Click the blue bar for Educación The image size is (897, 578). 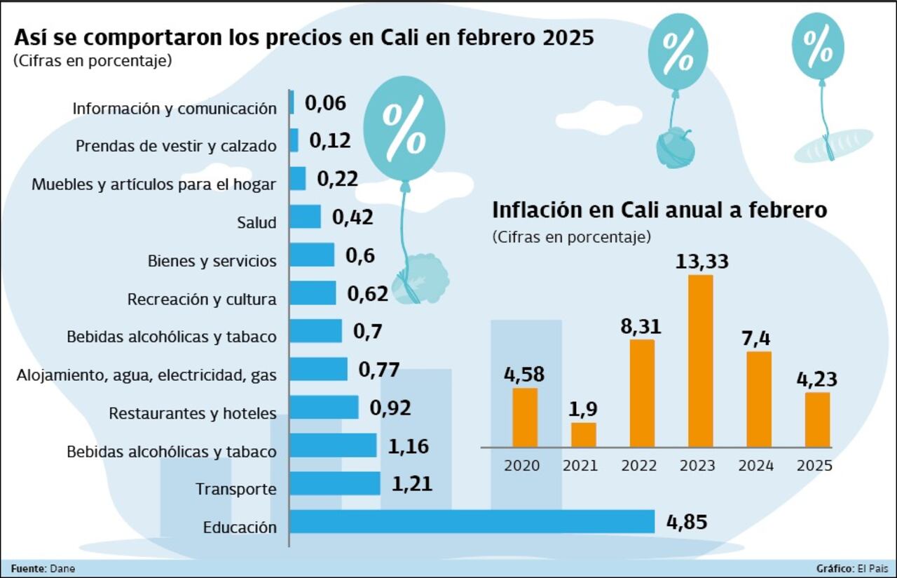(472, 522)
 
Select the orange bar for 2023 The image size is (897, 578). (700, 361)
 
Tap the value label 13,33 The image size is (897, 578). (702, 262)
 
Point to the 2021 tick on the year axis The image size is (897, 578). (580, 466)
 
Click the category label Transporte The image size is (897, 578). (235, 489)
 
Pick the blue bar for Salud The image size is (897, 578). (305, 217)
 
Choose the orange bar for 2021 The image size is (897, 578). (583, 435)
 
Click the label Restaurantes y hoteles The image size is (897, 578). (192, 413)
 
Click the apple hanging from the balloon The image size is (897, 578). (674, 147)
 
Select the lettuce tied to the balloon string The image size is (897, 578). (420, 278)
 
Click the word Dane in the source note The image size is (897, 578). (62, 569)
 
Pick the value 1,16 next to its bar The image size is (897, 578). (408, 446)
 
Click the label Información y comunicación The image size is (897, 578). (174, 109)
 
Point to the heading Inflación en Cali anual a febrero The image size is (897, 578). (659, 210)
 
